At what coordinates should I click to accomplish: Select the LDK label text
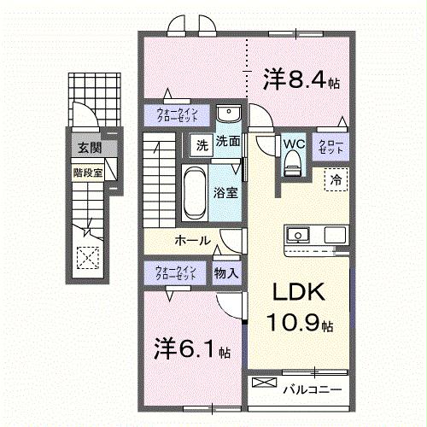(x=297, y=293)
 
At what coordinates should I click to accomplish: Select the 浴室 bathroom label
(x=225, y=194)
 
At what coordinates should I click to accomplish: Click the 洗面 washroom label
(x=226, y=143)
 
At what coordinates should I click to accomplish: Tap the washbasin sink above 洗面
(x=227, y=116)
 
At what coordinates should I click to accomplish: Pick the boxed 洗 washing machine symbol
(x=202, y=143)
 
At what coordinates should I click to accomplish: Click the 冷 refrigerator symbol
(x=336, y=180)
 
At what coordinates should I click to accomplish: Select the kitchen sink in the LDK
(x=300, y=234)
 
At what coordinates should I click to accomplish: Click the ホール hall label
(x=193, y=240)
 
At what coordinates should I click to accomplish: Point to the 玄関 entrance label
(x=89, y=149)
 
